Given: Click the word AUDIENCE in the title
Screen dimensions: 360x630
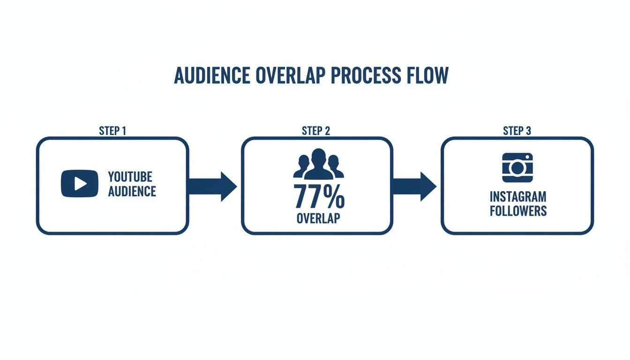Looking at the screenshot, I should [x=212, y=75].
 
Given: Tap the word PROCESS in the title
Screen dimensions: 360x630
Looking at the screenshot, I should [x=366, y=75].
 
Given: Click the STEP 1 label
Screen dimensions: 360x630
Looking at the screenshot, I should [x=112, y=131].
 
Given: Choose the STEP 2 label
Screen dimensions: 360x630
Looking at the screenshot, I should [x=316, y=131].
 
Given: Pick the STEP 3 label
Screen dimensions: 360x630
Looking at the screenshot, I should [x=517, y=131].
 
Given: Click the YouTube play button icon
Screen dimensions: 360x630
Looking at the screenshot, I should [x=80, y=183].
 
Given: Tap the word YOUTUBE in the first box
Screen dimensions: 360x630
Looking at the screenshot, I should [x=130, y=177].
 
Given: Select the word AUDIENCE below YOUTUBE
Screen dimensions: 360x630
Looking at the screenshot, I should [x=132, y=191].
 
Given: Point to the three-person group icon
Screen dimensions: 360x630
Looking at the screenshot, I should [x=319, y=165].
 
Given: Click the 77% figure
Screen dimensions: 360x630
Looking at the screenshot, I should [x=319, y=196].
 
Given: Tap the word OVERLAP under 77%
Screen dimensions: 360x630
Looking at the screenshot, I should [x=318, y=218].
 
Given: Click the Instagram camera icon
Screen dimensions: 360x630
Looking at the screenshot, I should [x=517, y=167].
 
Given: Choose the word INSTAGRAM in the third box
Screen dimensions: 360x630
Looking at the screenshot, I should [x=518, y=196].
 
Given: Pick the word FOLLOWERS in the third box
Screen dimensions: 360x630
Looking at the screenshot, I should [x=518, y=211].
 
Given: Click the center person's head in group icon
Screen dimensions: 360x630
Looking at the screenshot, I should [x=319, y=157].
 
